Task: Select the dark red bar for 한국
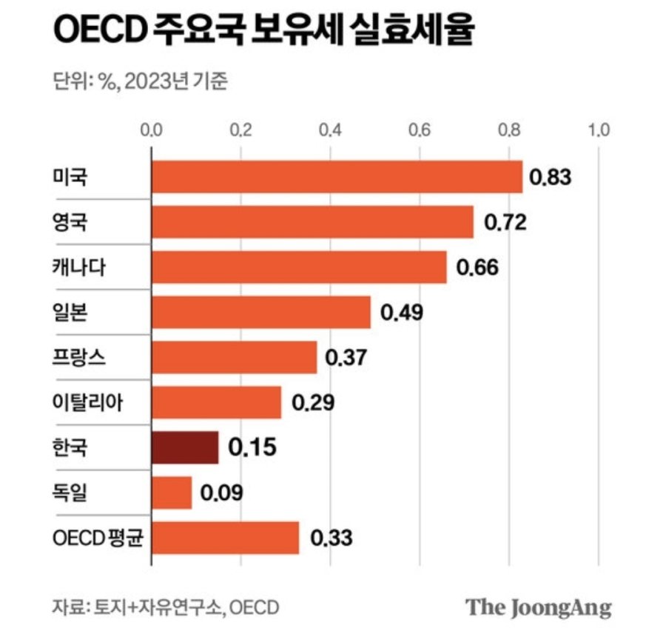click(185, 447)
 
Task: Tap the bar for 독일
click(172, 493)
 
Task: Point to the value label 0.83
click(552, 178)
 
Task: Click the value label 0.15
click(254, 447)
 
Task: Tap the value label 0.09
click(223, 493)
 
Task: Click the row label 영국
click(70, 222)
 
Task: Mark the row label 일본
click(70, 313)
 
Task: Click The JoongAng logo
click(539, 607)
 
